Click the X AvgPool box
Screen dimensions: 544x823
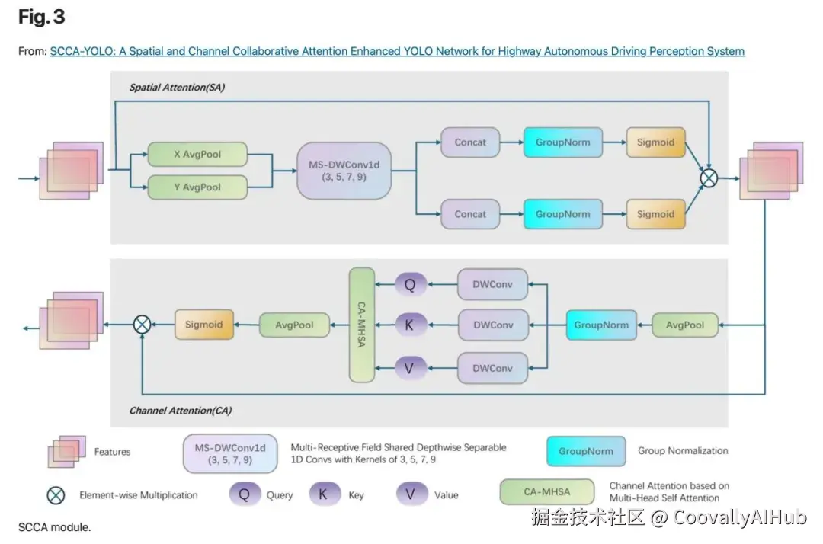tap(197, 155)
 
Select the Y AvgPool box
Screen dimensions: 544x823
tap(197, 187)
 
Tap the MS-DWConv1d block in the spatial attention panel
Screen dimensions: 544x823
tap(344, 171)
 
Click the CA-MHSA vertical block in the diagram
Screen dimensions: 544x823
tap(362, 325)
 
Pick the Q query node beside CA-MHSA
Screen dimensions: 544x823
tap(410, 285)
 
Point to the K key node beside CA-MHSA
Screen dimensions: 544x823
tap(410, 325)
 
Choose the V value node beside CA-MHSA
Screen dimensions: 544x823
tap(410, 368)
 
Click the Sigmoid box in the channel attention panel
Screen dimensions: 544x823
tap(203, 325)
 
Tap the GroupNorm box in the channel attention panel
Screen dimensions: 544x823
tap(601, 325)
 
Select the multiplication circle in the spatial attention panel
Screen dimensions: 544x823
tap(709, 178)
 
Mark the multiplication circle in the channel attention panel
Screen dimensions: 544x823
tap(142, 325)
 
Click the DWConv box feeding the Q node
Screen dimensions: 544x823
tap(493, 284)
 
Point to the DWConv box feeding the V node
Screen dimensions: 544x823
tap(493, 368)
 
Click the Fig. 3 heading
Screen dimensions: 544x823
tap(42, 18)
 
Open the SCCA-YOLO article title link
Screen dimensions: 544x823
tap(397, 52)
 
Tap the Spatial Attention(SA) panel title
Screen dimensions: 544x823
tap(177, 88)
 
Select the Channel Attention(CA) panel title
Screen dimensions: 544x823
tap(180, 411)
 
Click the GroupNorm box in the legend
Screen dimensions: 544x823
tap(585, 451)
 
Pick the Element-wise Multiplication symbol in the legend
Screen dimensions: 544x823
tap(56, 494)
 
